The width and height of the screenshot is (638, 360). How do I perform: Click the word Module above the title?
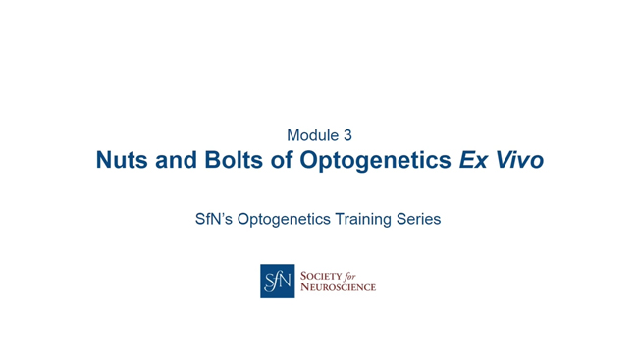311,135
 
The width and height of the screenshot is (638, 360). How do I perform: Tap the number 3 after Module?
346,135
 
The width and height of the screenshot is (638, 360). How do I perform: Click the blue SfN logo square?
277,281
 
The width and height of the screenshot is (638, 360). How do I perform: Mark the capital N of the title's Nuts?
104,160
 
